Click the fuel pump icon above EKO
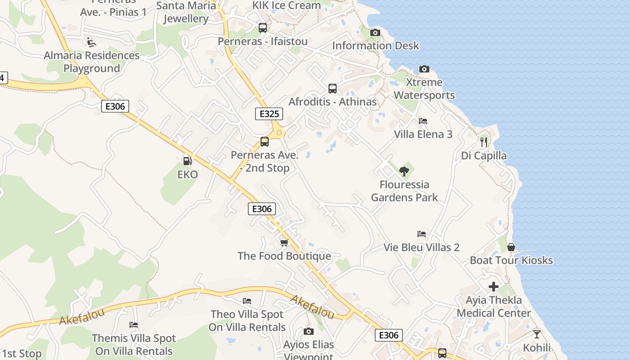click(x=187, y=160)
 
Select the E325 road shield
click(x=269, y=114)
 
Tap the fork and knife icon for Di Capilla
click(x=484, y=142)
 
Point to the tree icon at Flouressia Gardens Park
click(x=404, y=171)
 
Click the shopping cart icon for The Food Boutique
click(x=284, y=243)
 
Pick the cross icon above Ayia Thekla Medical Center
click(x=494, y=287)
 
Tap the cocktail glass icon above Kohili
click(x=536, y=334)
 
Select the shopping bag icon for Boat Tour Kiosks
click(x=511, y=247)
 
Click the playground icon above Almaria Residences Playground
click(x=91, y=42)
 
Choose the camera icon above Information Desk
click(x=375, y=32)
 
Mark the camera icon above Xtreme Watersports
click(x=424, y=69)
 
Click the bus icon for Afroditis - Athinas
click(x=333, y=89)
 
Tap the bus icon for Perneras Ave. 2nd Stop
click(x=265, y=142)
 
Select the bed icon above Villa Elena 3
click(x=423, y=121)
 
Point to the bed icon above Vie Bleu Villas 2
click(x=422, y=234)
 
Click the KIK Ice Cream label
click(x=287, y=5)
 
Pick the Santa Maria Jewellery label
click(x=186, y=12)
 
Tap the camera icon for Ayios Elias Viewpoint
click(x=308, y=332)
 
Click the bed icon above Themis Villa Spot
click(x=133, y=324)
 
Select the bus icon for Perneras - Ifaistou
click(x=263, y=28)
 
